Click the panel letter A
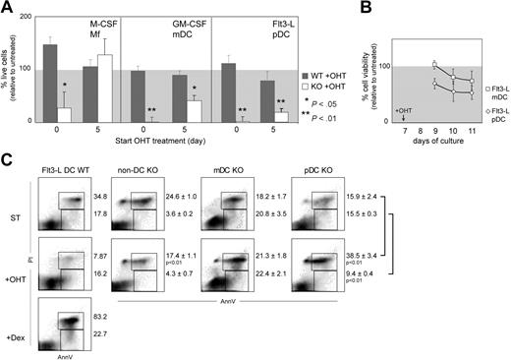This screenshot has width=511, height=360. click(8, 9)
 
